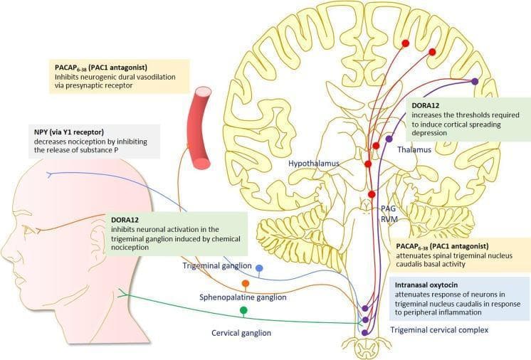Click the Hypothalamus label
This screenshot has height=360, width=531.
[x=313, y=164]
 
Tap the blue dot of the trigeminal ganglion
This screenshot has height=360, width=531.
[x=260, y=269]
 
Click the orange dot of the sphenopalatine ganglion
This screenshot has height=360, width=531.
[x=245, y=284]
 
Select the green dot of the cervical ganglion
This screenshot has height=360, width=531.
[x=243, y=310]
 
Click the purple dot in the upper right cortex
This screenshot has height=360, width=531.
[x=475, y=81]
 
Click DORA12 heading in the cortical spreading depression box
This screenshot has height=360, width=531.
[x=426, y=105]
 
